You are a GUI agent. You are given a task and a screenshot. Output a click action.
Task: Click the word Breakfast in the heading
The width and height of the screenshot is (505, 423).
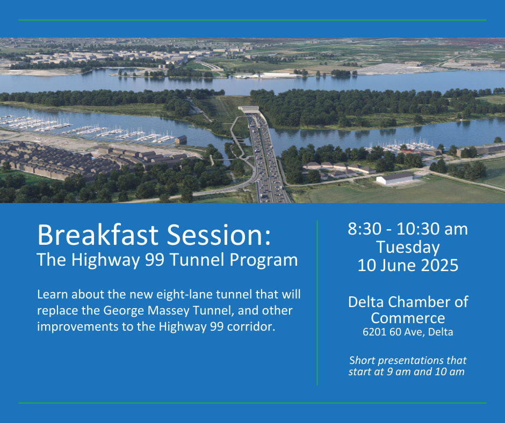tap(98, 235)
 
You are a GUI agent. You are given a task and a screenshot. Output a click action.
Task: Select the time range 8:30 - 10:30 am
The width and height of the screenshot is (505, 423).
tap(408, 229)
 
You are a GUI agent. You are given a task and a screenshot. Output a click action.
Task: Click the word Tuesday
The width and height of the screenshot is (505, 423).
tap(408, 247)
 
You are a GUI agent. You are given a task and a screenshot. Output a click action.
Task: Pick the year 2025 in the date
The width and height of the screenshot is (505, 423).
tap(439, 265)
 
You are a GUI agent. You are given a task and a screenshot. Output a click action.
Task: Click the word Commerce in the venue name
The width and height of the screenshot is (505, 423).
tap(408, 318)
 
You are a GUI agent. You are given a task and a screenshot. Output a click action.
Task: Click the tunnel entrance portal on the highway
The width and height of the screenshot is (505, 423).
tap(249, 110)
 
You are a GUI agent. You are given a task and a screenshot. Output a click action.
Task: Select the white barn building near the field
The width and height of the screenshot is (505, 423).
tap(394, 178)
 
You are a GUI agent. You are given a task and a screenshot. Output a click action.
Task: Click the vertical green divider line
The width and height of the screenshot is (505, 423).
tap(317, 303)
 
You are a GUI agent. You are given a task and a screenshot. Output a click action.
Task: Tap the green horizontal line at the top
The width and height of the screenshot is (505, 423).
tap(252, 20)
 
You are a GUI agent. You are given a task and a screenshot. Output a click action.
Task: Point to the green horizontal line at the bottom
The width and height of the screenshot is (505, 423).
tap(252, 403)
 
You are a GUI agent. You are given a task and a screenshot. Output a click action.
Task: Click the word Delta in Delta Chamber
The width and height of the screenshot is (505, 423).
tap(366, 302)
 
